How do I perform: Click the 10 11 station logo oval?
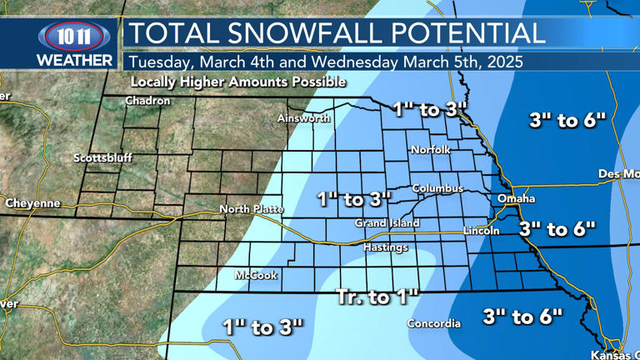point(73,36)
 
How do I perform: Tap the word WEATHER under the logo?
point(74,61)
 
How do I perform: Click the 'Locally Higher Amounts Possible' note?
point(237,82)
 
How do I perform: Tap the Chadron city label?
point(147,101)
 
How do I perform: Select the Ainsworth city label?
point(303,118)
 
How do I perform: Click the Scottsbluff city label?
point(102,157)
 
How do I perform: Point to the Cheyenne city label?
point(32,203)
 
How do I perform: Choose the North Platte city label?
point(251,209)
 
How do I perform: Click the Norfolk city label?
point(430,150)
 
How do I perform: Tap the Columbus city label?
point(437,188)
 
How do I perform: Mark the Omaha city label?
point(516,199)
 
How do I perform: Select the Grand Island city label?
point(387,223)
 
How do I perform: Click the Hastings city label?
point(385,247)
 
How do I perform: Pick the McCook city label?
point(256,275)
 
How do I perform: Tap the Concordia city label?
point(433,323)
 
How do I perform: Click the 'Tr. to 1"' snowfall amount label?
point(377,297)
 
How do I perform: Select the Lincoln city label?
point(481,231)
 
